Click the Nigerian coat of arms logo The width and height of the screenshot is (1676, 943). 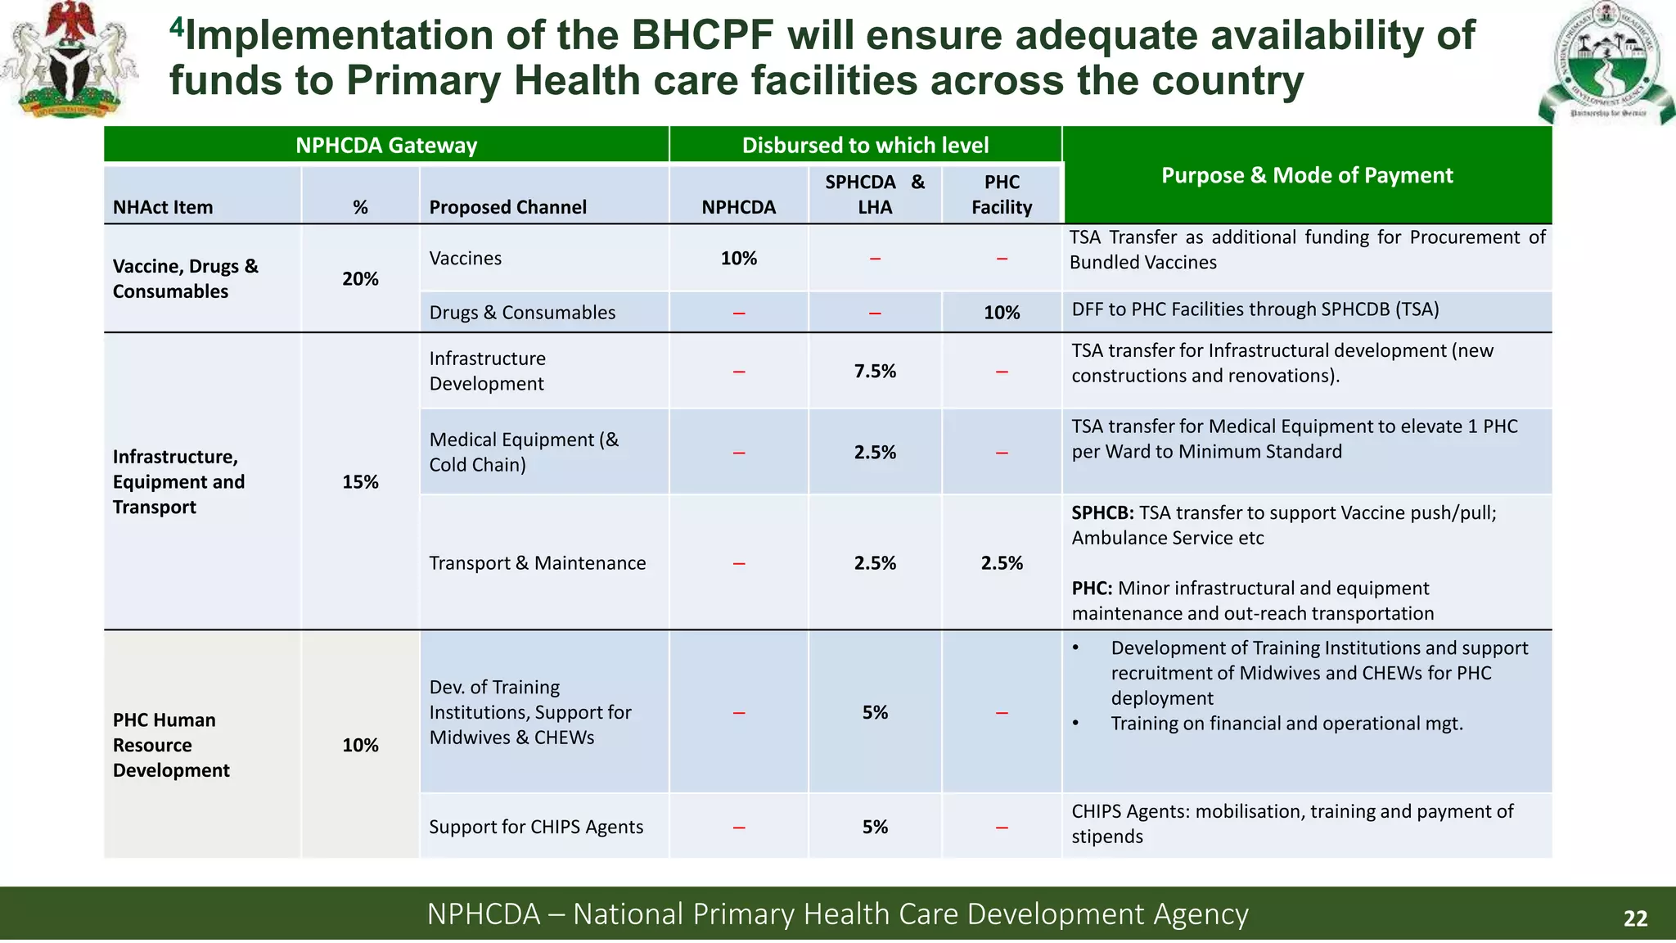(70, 59)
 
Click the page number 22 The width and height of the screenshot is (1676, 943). (1634, 918)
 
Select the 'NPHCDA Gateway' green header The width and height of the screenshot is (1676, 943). (386, 145)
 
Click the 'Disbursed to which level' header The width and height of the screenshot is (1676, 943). (865, 145)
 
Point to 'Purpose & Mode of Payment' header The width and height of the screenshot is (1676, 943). (1307, 175)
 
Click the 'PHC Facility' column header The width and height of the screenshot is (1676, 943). (1002, 195)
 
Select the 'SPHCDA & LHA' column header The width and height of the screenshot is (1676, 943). (874, 195)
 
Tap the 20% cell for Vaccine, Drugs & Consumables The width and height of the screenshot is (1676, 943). (360, 279)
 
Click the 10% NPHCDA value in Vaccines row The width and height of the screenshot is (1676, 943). (738, 259)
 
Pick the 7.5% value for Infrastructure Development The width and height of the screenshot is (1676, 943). (875, 372)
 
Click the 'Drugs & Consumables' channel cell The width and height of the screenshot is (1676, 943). (522, 313)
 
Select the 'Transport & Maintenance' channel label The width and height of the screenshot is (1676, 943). (538, 563)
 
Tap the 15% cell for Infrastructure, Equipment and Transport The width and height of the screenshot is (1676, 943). (360, 482)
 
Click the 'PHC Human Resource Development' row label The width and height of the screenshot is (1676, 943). (171, 745)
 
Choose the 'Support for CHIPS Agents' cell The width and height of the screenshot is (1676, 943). (536, 827)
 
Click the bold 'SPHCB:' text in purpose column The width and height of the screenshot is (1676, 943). (1102, 513)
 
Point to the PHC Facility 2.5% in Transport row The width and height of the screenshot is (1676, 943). (1002, 563)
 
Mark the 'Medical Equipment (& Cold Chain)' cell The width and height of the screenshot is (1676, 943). (524, 452)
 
